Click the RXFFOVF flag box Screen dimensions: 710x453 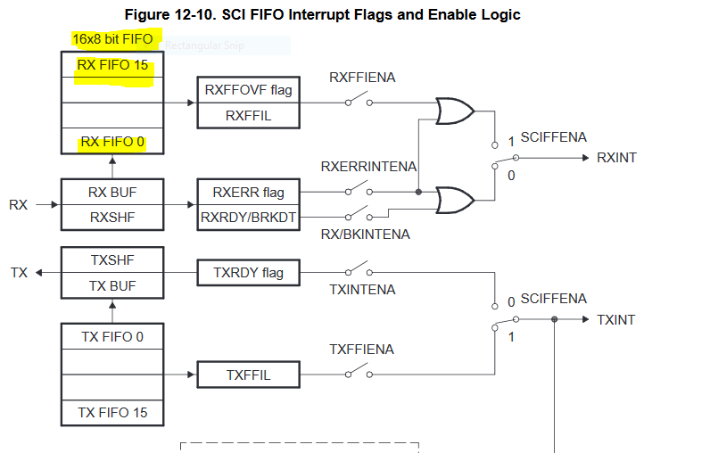tap(248, 90)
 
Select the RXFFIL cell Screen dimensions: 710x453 tap(248, 116)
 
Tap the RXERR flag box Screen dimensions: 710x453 tap(248, 193)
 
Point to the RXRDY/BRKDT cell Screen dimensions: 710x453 tap(248, 218)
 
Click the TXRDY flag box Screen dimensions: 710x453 tap(248, 273)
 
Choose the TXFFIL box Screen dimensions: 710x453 tap(248, 375)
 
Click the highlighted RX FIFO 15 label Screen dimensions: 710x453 tap(112, 65)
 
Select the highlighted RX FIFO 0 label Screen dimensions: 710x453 tap(112, 142)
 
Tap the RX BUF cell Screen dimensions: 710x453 tap(112, 193)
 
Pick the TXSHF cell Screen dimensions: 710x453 tap(112, 260)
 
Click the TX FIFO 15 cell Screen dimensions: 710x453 tap(112, 413)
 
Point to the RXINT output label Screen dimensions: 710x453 tap(616, 158)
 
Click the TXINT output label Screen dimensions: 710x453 tap(615, 320)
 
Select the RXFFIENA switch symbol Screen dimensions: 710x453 tap(359, 99)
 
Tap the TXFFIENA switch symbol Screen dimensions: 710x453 tap(359, 371)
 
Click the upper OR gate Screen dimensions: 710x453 tap(455, 111)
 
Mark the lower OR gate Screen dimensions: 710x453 tap(455, 200)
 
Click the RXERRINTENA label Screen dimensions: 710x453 tap(368, 167)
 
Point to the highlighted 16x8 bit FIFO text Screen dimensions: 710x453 tap(112, 39)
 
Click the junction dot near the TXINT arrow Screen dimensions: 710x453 tap(554, 319)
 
